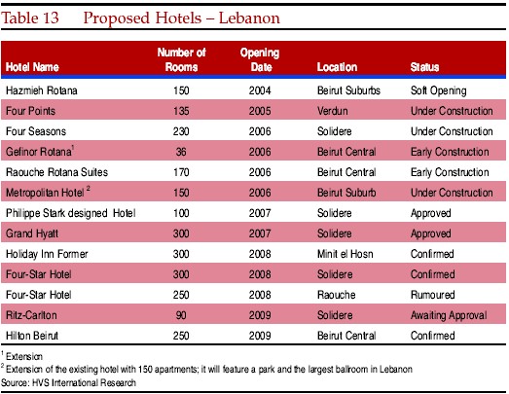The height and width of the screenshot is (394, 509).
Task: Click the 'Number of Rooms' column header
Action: [181, 59]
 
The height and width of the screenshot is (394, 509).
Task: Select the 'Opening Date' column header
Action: [260, 59]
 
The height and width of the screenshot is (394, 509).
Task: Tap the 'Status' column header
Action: [424, 67]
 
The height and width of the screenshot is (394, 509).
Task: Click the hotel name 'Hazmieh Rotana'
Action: [42, 90]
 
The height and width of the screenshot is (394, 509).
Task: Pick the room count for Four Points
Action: [181, 111]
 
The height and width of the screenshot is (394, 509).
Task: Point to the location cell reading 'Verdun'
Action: [333, 111]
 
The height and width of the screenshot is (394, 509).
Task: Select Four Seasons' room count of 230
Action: [181, 131]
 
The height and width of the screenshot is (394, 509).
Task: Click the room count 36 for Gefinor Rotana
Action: [181, 152]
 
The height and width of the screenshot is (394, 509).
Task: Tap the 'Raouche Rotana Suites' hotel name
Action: [56, 172]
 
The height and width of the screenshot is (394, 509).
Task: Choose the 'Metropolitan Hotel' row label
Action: [45, 193]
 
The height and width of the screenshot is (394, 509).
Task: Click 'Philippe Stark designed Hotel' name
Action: [71, 213]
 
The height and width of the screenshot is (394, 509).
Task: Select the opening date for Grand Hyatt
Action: [260, 233]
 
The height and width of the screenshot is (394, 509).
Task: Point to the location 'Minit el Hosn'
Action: [345, 254]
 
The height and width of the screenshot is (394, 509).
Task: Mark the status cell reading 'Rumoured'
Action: [433, 295]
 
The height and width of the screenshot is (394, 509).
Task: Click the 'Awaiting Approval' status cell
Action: [449, 315]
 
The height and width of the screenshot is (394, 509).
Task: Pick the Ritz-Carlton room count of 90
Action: [181, 315]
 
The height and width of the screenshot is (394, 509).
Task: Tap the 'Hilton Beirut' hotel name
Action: [32, 336]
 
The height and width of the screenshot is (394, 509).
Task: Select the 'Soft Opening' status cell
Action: [439, 90]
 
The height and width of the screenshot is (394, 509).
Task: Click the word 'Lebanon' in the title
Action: [249, 18]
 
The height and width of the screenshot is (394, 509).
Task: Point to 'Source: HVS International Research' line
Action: [68, 383]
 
